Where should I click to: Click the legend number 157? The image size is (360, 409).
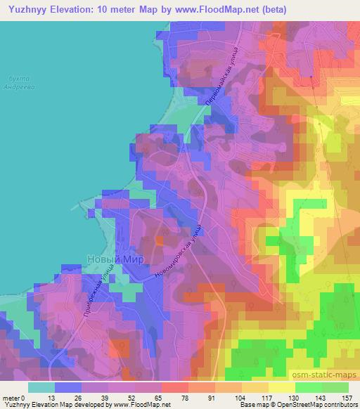pyautogui.click(x=347, y=397)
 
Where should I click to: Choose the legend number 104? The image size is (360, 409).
pyautogui.click(x=240, y=397)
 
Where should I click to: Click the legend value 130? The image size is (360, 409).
pyautogui.click(x=294, y=397)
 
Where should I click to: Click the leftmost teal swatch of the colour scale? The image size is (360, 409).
pyautogui.click(x=41, y=386)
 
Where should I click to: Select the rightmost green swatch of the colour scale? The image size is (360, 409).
pyautogui.click(x=335, y=386)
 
